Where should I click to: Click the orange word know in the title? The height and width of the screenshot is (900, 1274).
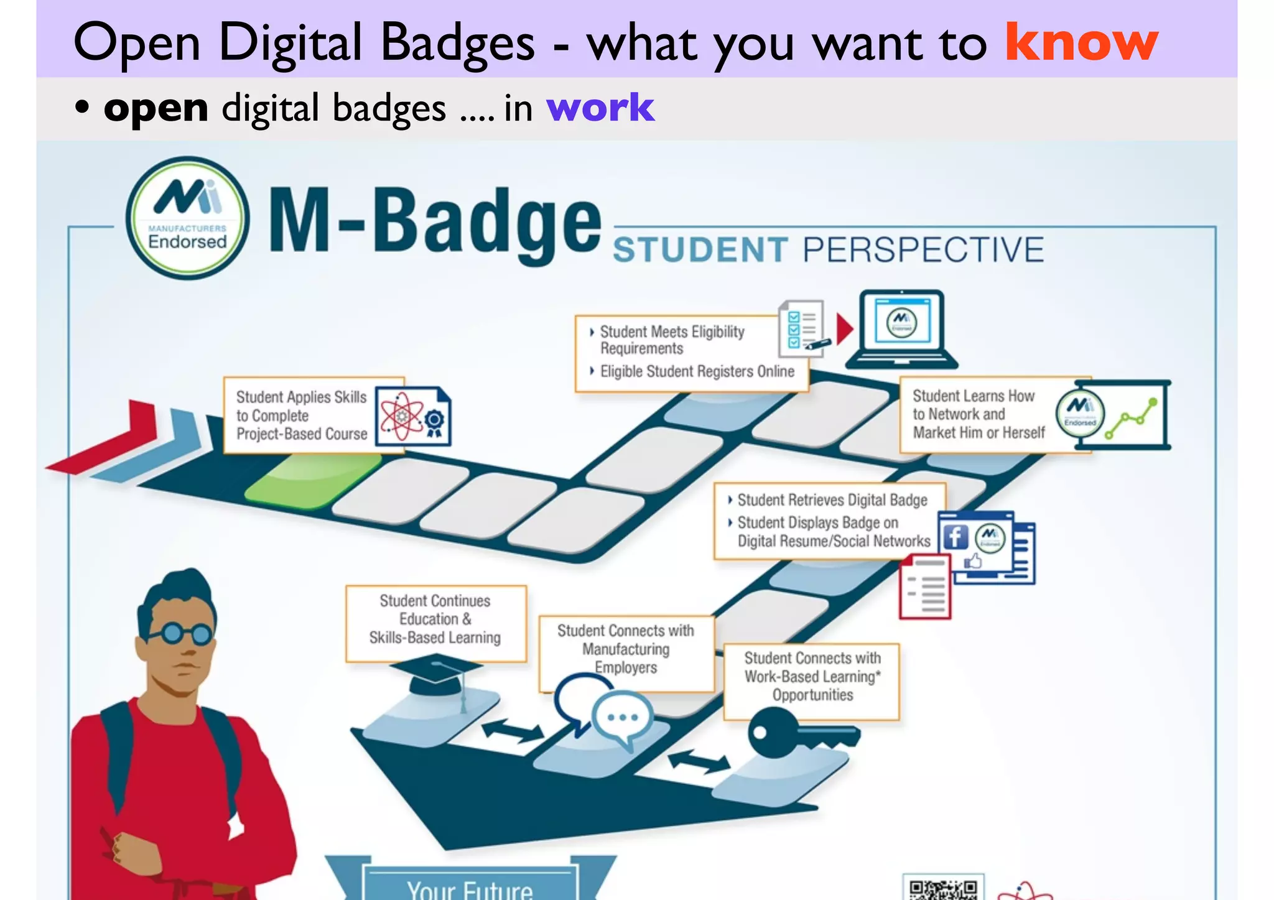tap(1081, 42)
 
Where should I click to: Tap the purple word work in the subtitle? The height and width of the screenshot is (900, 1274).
tap(600, 108)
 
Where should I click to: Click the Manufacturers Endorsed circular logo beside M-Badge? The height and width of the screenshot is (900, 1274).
tap(187, 218)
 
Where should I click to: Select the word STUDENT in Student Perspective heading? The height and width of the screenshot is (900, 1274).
tap(700, 250)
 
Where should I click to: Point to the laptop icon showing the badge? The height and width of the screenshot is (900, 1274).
tap(901, 329)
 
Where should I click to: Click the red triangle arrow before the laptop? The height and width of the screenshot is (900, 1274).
tap(844, 329)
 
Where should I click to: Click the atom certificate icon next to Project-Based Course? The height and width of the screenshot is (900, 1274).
tap(412, 416)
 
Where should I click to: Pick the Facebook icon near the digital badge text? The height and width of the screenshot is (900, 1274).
tap(955, 537)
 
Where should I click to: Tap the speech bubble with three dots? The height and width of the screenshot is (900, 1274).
tap(623, 718)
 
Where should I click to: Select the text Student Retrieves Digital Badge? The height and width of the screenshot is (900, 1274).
tap(832, 500)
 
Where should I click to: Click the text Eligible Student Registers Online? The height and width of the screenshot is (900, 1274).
tap(697, 371)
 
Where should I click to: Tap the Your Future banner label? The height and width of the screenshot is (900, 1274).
tap(470, 888)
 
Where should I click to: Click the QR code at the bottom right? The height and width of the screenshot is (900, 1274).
tap(942, 889)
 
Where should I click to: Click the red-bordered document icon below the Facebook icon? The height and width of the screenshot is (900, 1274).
tap(925, 588)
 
